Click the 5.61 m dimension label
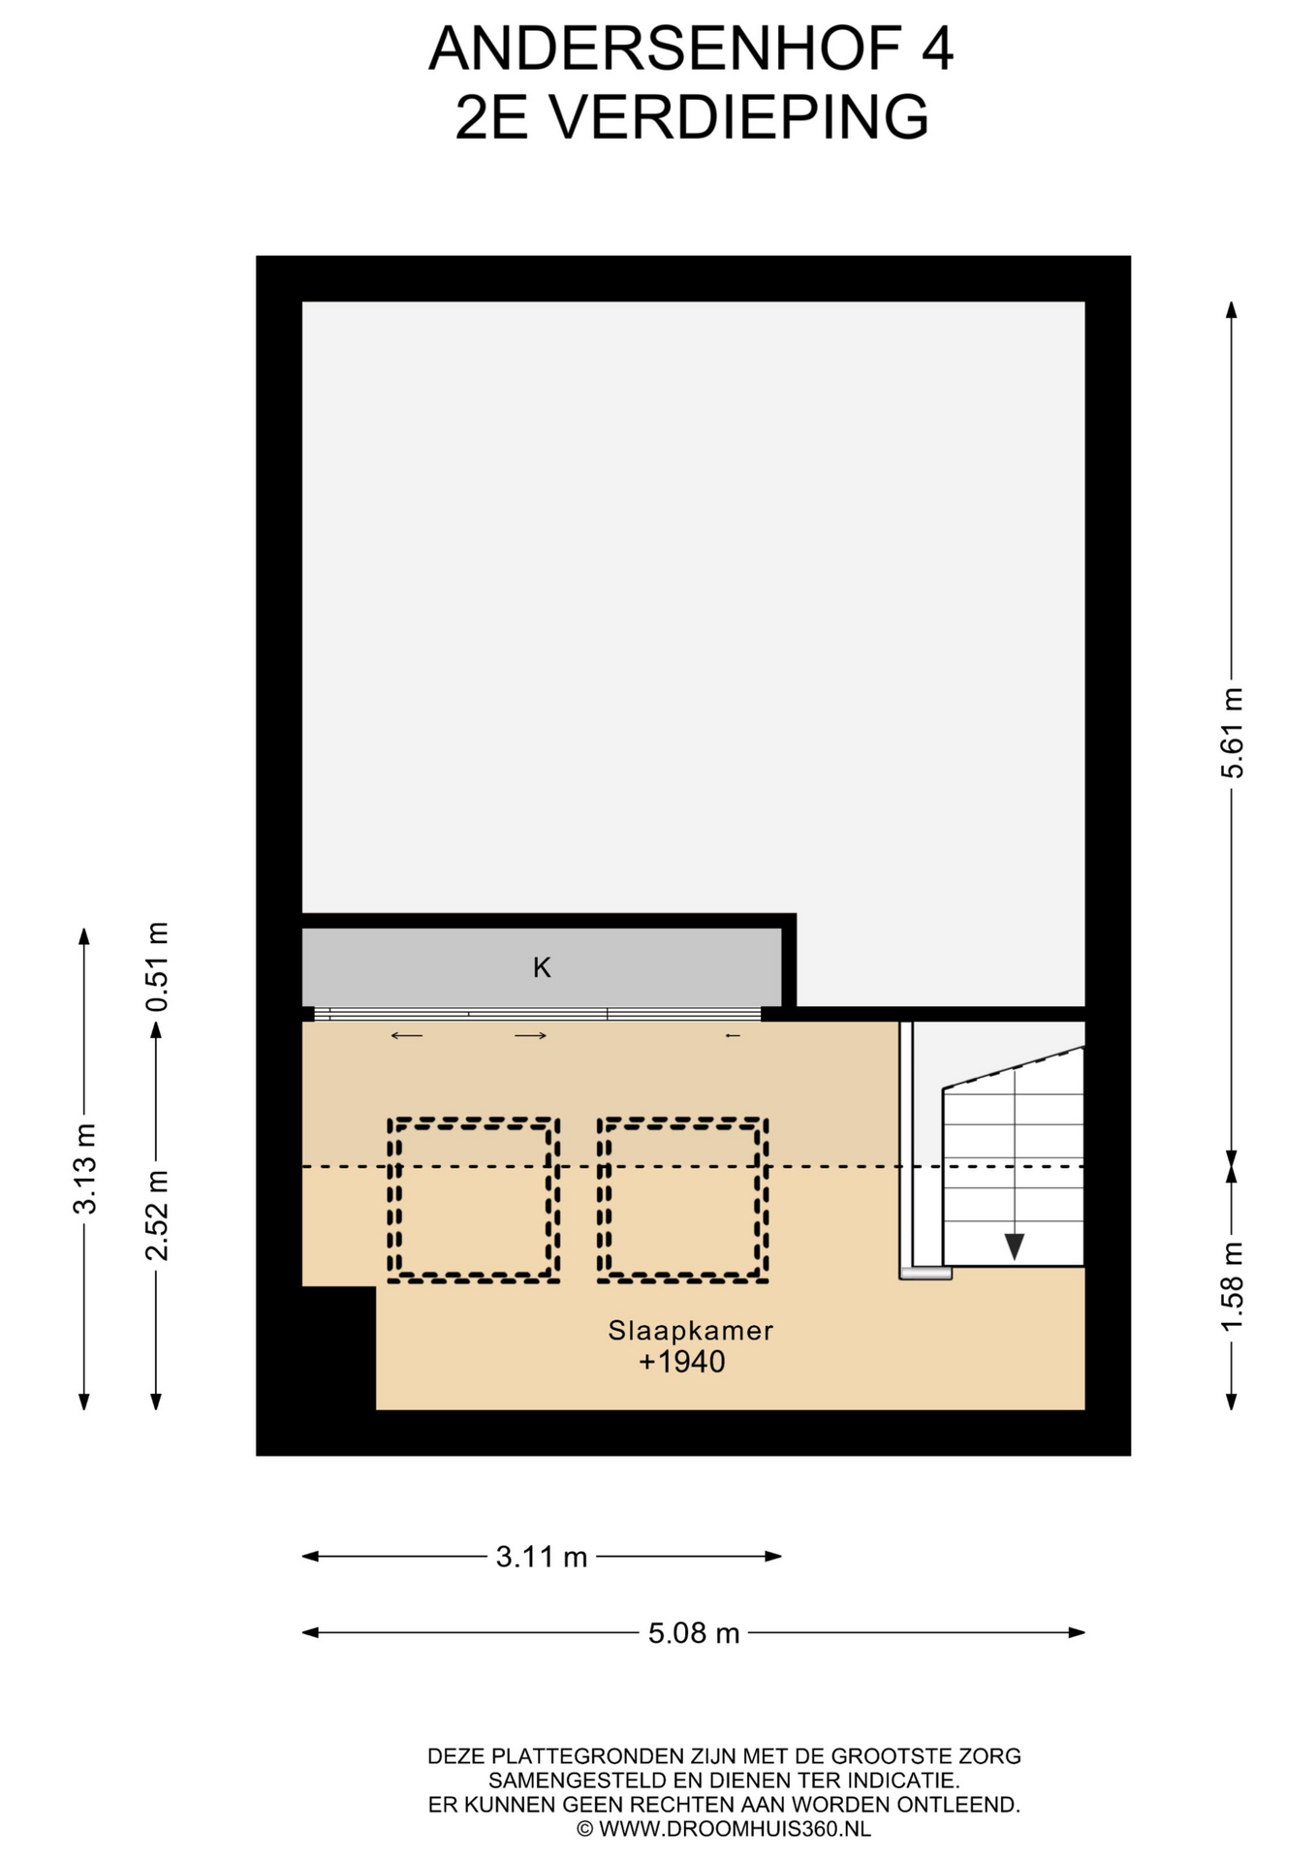[x=1232, y=733]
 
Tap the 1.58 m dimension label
[x=1232, y=1286]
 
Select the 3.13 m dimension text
[x=84, y=1168]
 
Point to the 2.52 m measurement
[x=156, y=1215]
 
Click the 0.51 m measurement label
[x=156, y=966]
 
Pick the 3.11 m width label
[x=542, y=1557]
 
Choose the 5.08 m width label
[x=694, y=1633]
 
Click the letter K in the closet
[x=542, y=967]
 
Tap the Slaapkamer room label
[x=691, y=1331]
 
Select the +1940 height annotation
[x=682, y=1362]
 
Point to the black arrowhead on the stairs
[x=1015, y=1246]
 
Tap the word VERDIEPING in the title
[x=739, y=117]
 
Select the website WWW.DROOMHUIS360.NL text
[x=735, y=1829]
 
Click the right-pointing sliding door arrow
[x=531, y=1036]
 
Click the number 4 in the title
[x=937, y=48]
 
